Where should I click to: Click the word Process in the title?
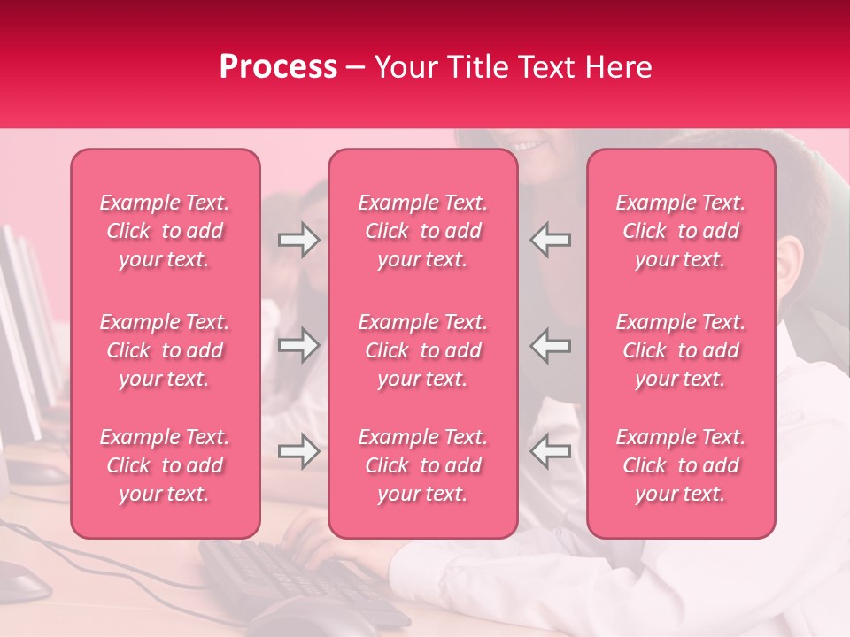[x=278, y=67]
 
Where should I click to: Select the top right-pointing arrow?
[x=298, y=239]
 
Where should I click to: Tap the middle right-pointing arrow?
[x=298, y=345]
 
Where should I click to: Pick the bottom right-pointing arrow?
[x=298, y=451]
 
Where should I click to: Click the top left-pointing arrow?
[x=550, y=239]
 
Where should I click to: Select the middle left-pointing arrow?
[x=550, y=345]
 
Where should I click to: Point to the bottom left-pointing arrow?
[x=550, y=451]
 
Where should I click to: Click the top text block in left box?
[x=165, y=231]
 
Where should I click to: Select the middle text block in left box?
[x=165, y=350]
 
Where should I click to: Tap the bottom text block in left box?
[x=165, y=465]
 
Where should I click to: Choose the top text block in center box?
[x=423, y=231]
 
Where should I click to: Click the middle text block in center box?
[x=423, y=350]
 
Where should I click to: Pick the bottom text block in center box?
[x=423, y=465]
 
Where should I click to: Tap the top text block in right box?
[x=681, y=231]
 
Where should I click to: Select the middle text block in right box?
[x=681, y=350]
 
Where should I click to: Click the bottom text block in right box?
[x=681, y=465]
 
